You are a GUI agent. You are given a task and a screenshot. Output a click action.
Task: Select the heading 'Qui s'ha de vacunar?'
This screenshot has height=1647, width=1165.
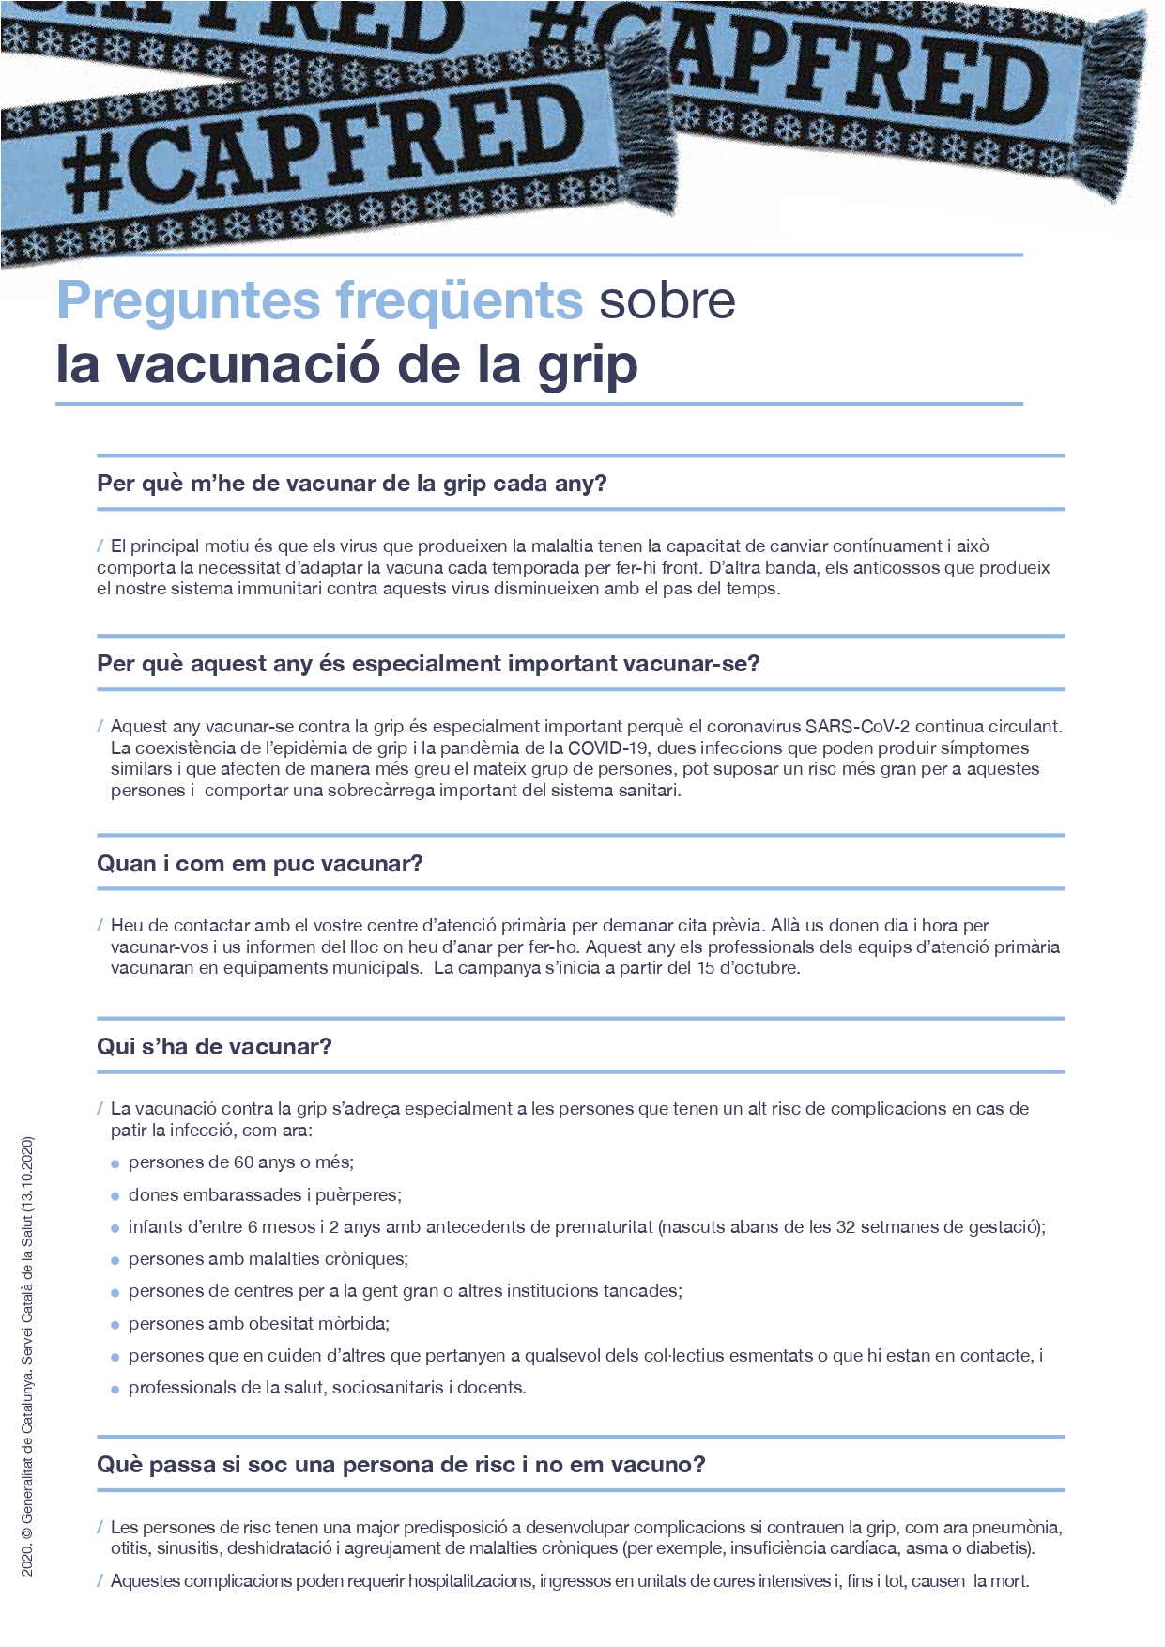coord(214,1047)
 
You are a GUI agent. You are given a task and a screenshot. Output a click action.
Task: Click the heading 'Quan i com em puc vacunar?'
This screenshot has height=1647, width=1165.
coord(260,864)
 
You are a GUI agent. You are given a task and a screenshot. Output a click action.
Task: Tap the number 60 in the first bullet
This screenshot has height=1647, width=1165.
coord(243,1162)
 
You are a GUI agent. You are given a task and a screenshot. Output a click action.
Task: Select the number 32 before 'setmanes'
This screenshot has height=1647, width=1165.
coord(846,1227)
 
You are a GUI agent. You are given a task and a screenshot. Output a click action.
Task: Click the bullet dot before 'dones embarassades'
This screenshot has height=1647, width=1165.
coord(115,1196)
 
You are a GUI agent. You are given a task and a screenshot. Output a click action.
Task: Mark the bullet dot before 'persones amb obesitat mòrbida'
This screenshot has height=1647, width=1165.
coord(115,1325)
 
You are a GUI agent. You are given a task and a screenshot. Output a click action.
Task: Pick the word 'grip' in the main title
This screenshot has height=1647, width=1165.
coord(588,366)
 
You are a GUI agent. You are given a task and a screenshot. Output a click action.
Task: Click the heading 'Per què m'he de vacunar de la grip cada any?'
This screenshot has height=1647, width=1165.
coord(352,484)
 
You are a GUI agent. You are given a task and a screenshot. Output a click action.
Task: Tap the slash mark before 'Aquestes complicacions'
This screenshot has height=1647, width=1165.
coord(100,1581)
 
